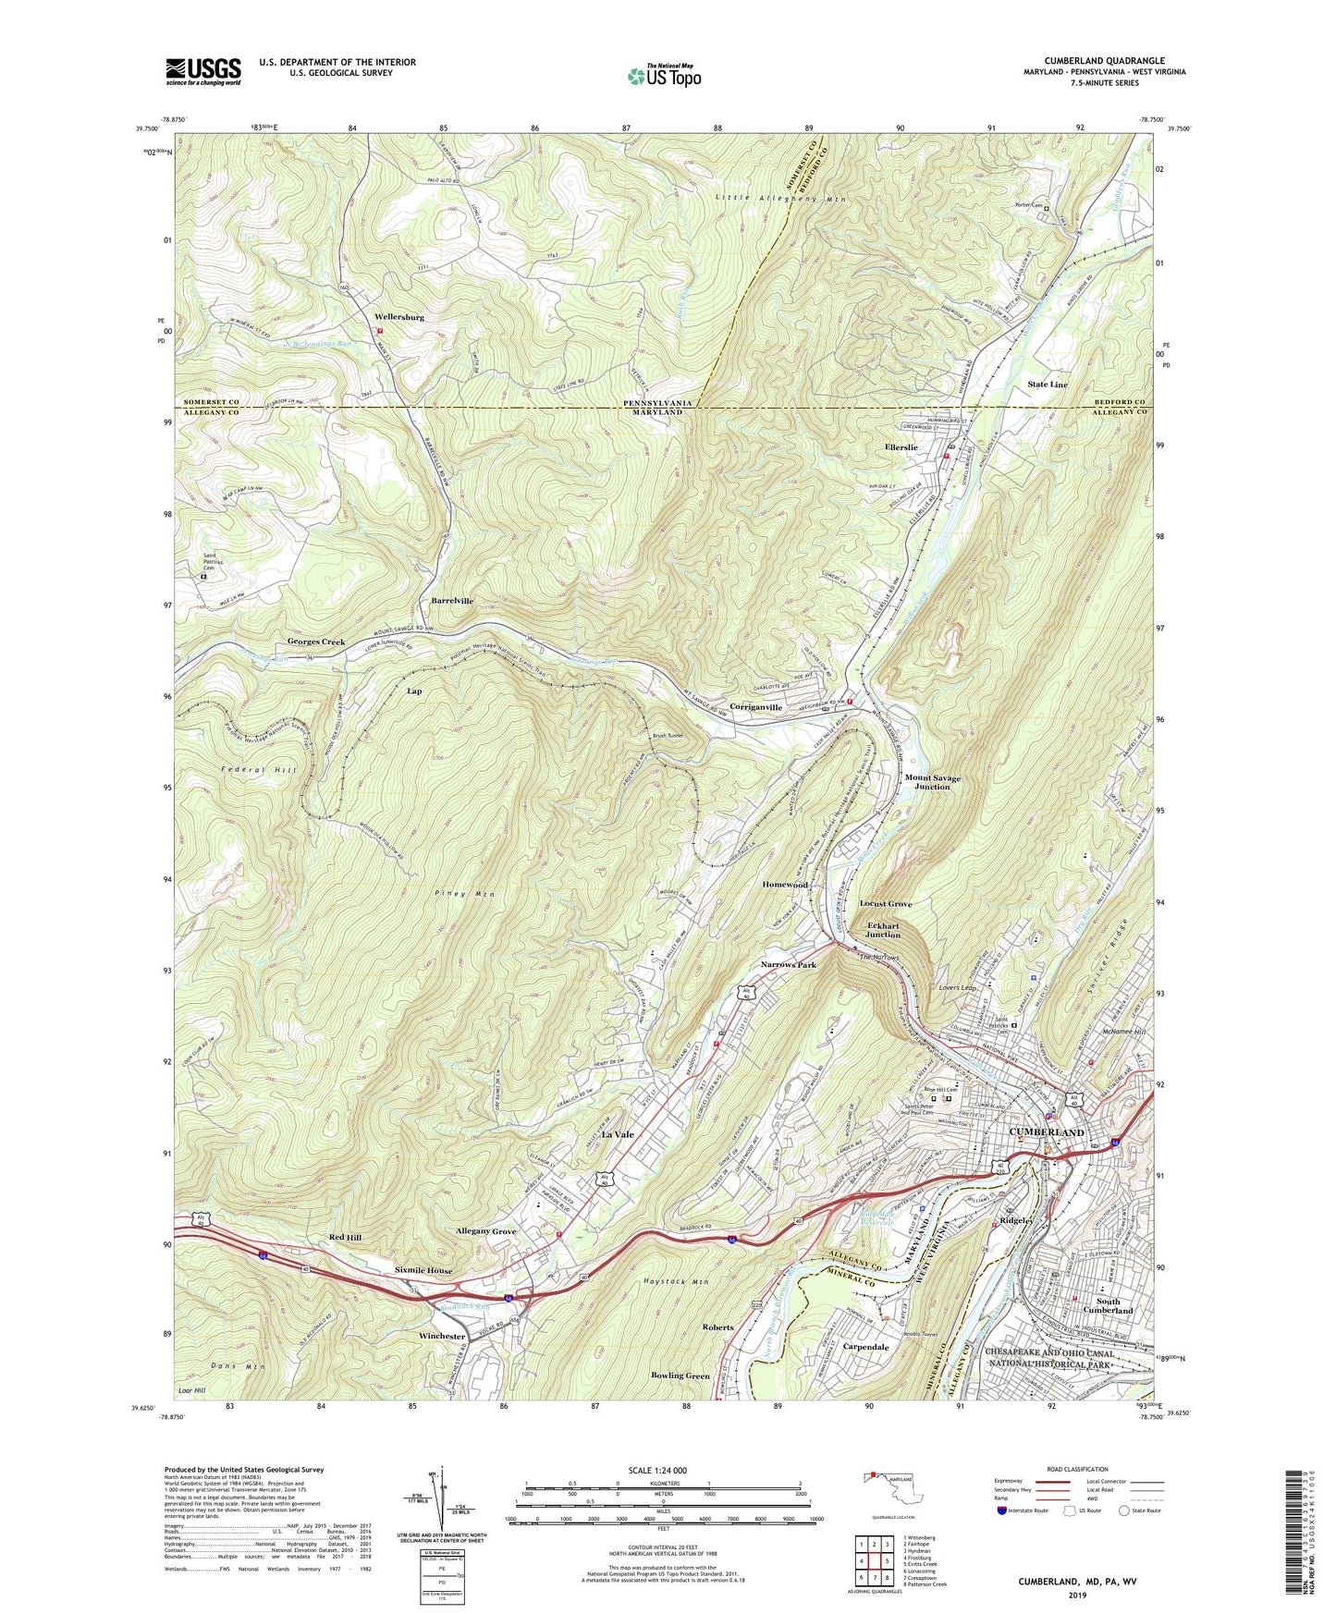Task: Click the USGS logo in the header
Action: (203, 71)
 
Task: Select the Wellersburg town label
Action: (399, 317)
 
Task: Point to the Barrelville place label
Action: (452, 601)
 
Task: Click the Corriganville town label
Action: (756, 707)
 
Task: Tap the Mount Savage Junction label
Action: (932, 782)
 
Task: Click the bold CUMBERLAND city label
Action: (1047, 1132)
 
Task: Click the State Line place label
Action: (1048, 385)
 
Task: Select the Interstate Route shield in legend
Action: (1002, 1510)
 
